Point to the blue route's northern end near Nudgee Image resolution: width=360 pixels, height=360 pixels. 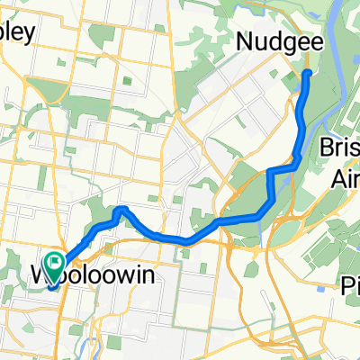click(308, 72)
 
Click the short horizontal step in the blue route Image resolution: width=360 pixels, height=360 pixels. click(283, 168)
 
